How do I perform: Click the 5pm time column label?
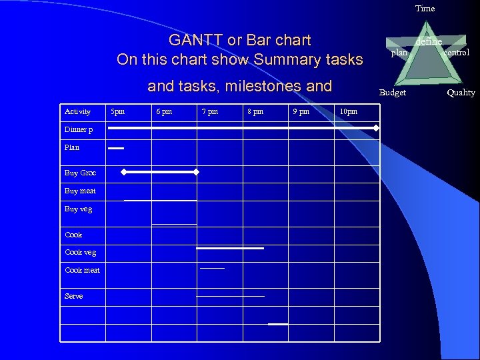tap(117, 111)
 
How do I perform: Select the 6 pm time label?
tap(163, 111)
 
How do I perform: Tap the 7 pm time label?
tap(209, 111)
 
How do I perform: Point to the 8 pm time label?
tap(255, 111)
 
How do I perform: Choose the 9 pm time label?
tap(301, 111)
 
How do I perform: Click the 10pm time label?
tap(348, 111)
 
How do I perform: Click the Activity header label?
tap(77, 111)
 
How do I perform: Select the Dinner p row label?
tap(79, 129)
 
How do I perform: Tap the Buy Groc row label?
tap(80, 173)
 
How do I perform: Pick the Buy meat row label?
tap(80, 191)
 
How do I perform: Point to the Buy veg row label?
tap(78, 209)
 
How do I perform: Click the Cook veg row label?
tap(80, 252)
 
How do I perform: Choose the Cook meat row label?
tap(82, 270)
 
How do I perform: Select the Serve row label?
tap(74, 296)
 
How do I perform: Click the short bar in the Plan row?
tap(116, 148)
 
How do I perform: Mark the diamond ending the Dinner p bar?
tap(376, 127)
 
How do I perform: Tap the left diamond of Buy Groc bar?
tap(123, 172)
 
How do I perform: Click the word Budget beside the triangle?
tap(392, 93)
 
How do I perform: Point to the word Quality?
tap(461, 93)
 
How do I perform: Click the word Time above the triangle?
tap(425, 9)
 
